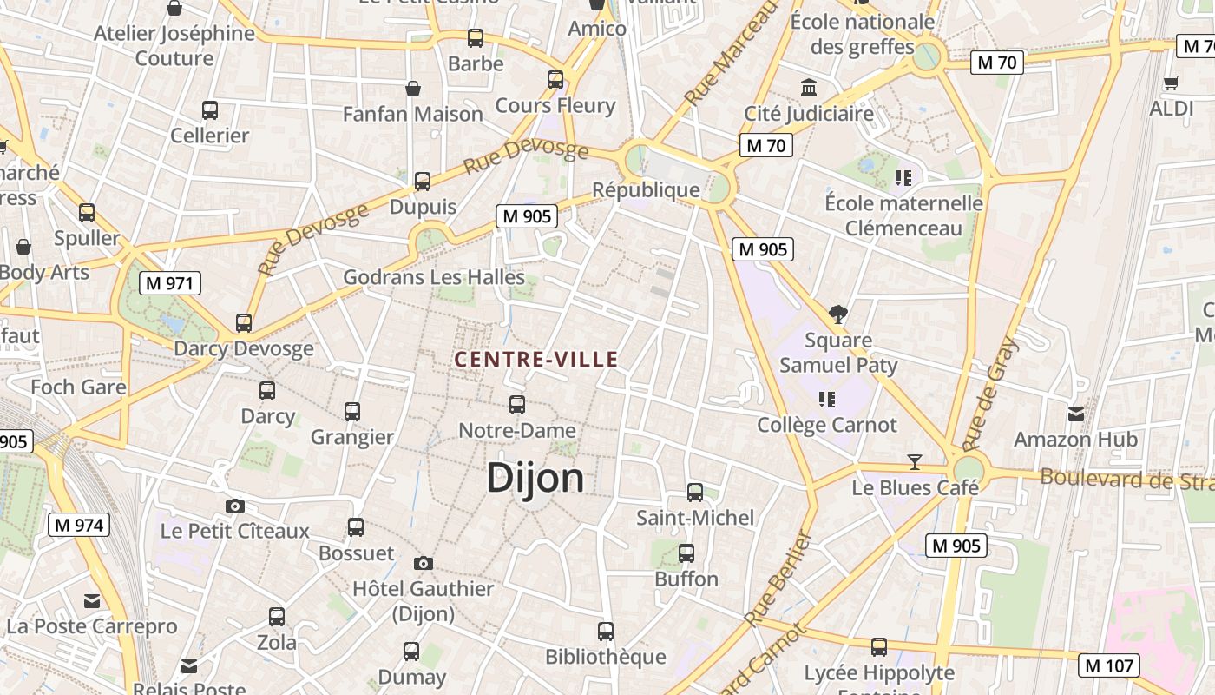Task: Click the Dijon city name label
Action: coord(535,478)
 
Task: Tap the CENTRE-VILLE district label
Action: coord(536,359)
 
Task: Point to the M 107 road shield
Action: coord(1108,665)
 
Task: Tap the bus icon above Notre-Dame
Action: coord(517,405)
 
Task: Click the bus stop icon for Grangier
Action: coord(352,412)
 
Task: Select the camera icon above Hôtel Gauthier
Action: coord(424,564)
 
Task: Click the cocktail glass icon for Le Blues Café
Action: coord(914,461)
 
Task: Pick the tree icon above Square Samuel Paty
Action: coord(838,314)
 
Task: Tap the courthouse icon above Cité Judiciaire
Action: coord(810,88)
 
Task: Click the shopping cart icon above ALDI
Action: coord(1171,83)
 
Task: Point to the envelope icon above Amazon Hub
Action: coord(1076,414)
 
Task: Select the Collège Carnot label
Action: coord(827,425)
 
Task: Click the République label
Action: coord(646,189)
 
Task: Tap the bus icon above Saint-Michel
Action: coord(695,493)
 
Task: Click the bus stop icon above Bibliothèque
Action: coord(606,632)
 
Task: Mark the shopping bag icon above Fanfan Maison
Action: coord(413,89)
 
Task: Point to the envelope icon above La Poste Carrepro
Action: coord(92,601)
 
